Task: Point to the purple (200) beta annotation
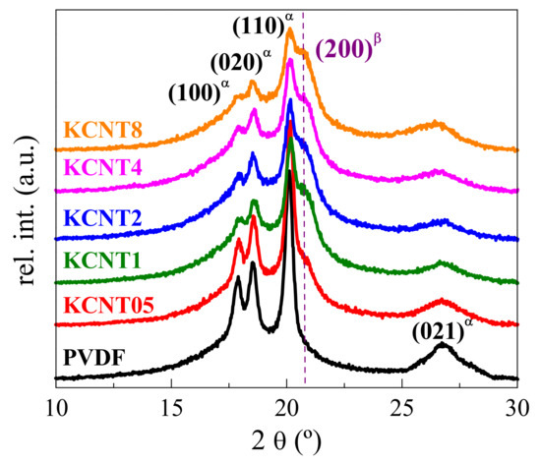click(x=353, y=49)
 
